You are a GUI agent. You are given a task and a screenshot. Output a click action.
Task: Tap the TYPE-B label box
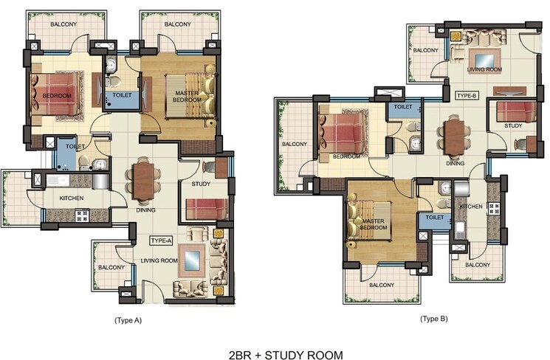(x=467, y=96)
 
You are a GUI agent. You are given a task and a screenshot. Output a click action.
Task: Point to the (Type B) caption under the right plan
(x=433, y=319)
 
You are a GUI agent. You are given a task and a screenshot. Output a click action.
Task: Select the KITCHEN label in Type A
(x=72, y=198)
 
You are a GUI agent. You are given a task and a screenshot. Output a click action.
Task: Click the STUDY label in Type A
(x=200, y=183)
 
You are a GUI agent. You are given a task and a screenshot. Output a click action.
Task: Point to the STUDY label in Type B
(x=513, y=125)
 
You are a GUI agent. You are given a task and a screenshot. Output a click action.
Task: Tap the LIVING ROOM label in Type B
(x=486, y=69)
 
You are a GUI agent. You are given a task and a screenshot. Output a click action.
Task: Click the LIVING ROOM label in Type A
(x=159, y=260)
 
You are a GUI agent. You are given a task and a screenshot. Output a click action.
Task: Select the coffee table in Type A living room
(x=191, y=260)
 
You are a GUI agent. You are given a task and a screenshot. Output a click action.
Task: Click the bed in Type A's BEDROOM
(x=54, y=95)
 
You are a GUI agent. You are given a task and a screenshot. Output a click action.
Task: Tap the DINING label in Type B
(x=455, y=163)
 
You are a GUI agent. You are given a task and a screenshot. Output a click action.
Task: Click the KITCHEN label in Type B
(x=472, y=207)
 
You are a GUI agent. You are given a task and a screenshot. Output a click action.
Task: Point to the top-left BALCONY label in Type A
(x=64, y=24)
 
